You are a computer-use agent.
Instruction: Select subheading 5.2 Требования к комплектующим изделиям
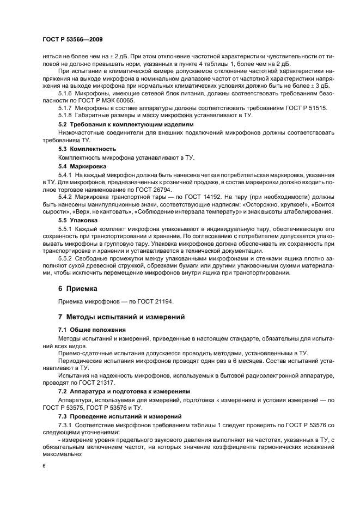point(124,124)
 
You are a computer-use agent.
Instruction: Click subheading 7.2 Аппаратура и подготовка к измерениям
point(124,391)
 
